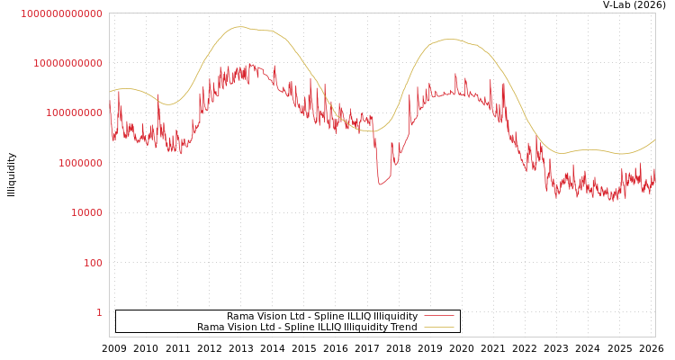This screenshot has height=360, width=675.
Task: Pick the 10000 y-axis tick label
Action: [86, 212]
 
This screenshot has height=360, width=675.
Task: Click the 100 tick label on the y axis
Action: [93, 263]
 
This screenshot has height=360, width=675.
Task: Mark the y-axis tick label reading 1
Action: [99, 312]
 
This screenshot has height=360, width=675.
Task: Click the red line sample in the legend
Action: [438, 316]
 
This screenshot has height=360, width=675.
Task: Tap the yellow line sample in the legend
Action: [438, 327]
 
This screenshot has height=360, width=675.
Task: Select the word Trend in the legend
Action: [401, 327]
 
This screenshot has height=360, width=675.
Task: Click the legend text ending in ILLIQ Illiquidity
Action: [322, 316]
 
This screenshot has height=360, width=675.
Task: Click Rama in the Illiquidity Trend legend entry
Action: [210, 327]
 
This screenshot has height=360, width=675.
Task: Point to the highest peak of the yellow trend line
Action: [238, 27]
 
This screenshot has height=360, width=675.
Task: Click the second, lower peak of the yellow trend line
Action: [450, 39]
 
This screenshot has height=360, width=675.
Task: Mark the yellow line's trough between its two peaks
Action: [372, 131]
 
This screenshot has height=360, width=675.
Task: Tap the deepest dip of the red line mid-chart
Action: [380, 184]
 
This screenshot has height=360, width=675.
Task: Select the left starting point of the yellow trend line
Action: [110, 92]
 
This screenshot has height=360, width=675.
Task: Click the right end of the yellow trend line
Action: [655, 139]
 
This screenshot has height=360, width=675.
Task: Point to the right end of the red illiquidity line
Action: [655, 169]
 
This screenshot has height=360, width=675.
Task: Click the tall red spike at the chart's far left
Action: [119, 91]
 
